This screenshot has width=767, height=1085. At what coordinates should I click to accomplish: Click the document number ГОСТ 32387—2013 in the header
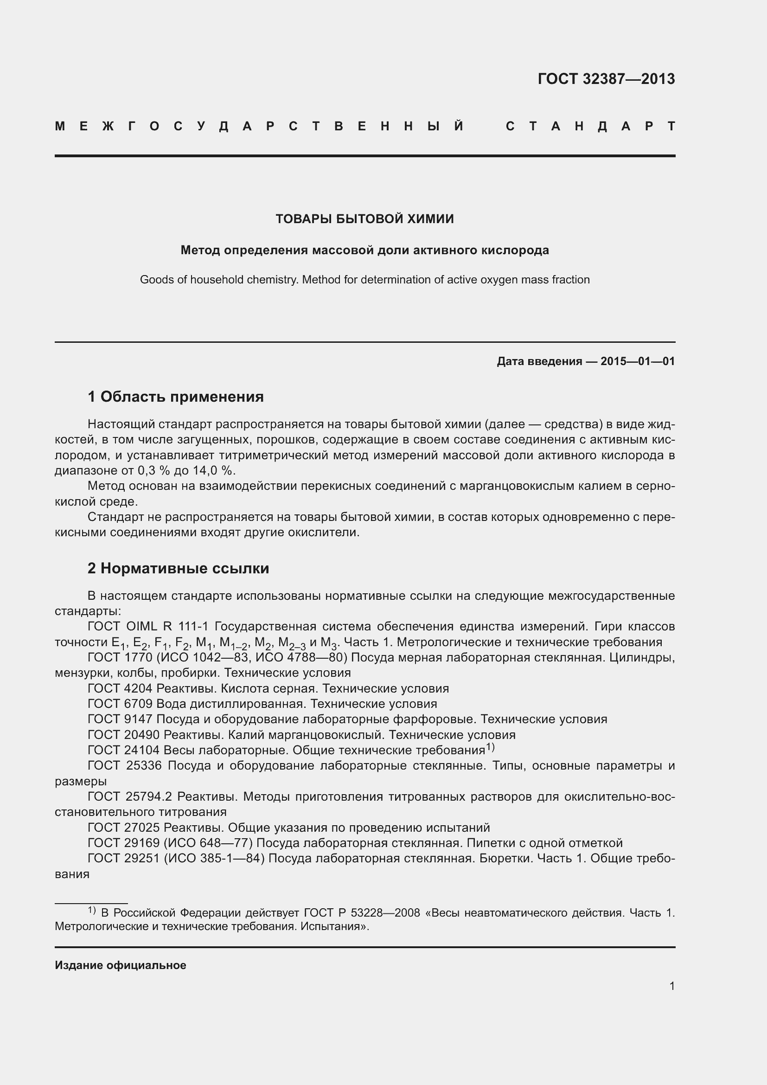point(606,79)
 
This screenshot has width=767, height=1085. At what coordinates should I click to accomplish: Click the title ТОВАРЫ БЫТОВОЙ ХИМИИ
point(364,219)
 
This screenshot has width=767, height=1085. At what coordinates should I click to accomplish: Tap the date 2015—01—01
point(638,361)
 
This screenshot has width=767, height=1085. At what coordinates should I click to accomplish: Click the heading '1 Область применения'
point(176,397)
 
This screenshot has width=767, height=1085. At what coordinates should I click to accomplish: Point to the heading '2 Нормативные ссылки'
point(178,568)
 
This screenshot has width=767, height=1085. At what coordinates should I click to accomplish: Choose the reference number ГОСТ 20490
point(124,735)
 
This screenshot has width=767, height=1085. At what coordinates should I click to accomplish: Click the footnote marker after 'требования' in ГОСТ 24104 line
point(490,747)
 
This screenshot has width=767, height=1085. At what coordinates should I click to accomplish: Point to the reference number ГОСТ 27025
point(124,828)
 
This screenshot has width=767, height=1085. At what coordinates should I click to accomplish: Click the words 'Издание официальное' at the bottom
point(121,965)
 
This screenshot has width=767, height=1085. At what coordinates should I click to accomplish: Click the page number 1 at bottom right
point(671,986)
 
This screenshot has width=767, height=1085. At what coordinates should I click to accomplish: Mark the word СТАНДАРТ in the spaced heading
point(590,126)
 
